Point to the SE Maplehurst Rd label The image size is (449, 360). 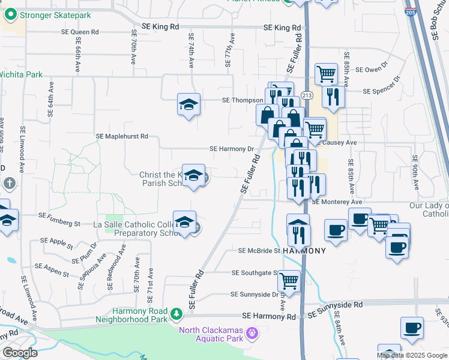click(122, 137)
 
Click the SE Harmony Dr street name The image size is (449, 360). click(232, 149)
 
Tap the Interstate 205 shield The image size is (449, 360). click(411, 11)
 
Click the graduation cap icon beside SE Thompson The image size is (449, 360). click(188, 105)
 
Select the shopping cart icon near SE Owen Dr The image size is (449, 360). click(325, 74)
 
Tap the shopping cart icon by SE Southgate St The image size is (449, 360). click(289, 280)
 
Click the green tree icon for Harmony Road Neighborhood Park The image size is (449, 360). click(176, 314)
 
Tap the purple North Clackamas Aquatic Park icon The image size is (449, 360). click(252, 331)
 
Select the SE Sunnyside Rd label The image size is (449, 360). click(336, 305)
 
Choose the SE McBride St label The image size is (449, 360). click(259, 251)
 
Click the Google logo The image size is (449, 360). click(20, 353)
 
